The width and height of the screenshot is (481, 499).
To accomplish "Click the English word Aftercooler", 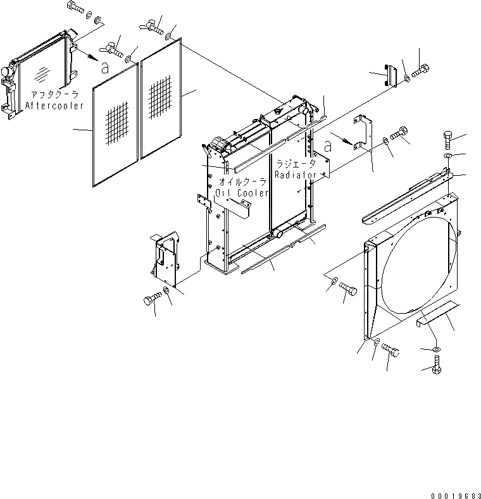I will pos(54,106).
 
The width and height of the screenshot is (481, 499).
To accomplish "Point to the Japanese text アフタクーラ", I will pos(53,95).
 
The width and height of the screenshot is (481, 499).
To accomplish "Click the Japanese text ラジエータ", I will pos(295,162).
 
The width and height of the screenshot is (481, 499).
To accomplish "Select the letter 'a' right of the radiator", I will pos(328,146).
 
